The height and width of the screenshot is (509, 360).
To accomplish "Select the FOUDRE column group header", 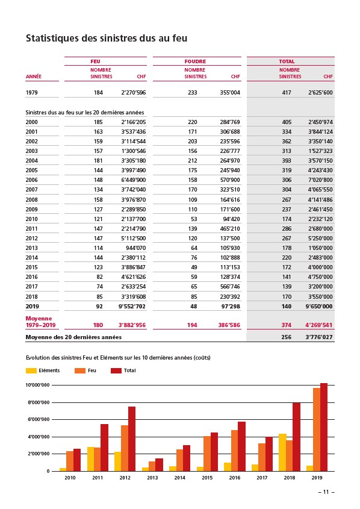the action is coord(195,61).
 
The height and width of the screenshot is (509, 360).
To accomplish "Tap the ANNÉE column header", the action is coord(34,77).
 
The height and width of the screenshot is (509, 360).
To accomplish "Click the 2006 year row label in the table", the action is coord(32,180).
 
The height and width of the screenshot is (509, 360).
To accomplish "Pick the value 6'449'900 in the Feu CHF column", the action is coord(134,180).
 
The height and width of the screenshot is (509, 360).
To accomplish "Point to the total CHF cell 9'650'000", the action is coord(319,306).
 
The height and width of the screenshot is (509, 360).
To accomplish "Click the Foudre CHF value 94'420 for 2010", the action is coord(232,219).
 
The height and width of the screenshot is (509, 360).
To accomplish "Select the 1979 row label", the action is coord(32,93).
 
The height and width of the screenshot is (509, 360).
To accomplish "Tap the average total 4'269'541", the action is coord(319,325).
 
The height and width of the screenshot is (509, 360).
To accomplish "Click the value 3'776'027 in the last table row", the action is coord(319,337).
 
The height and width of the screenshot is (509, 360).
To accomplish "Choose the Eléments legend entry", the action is coord(43,370).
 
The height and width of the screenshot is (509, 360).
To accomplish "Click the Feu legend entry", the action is coord(85,370).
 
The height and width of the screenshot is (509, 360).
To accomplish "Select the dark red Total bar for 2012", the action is coord(132,439).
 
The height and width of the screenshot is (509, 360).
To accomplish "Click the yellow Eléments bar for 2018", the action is coord(282,452).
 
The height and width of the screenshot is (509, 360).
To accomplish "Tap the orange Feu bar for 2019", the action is coord(317,429).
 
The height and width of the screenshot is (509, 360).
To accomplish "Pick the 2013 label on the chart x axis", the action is coord(152,478).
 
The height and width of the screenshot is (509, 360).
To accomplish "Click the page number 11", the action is coord(326,492).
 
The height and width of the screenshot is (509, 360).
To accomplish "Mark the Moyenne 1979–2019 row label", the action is coord(40,322).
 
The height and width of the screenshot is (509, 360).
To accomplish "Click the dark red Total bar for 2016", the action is coord(241,446).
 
